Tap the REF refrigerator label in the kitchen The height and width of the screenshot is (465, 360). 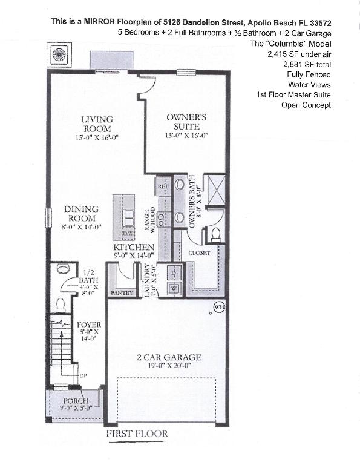(x=163, y=187)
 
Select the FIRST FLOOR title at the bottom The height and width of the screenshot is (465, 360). (x=137, y=434)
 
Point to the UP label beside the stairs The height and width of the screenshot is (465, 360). (x=84, y=376)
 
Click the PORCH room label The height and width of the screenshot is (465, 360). (x=76, y=401)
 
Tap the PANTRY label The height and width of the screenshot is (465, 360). (x=122, y=292)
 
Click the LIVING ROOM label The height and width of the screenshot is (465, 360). (x=97, y=124)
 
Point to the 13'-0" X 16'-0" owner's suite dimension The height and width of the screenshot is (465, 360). (x=187, y=136)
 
